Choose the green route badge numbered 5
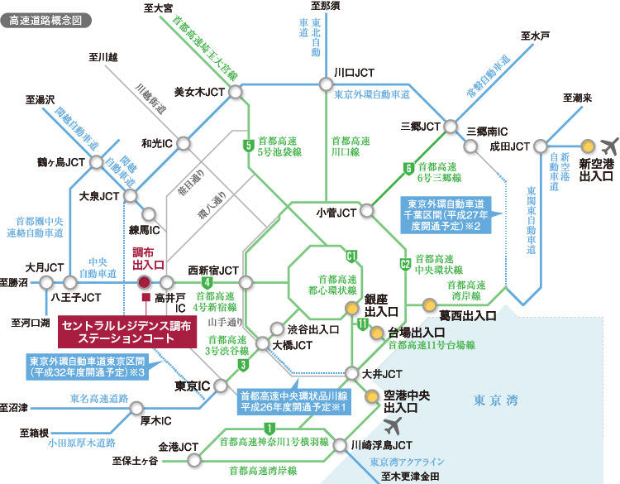point(247,147)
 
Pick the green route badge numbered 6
point(408,169)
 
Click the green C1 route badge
point(351,255)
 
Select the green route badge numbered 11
point(363,325)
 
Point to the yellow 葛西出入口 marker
point(428,304)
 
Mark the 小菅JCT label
point(336,213)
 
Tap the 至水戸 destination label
point(535,36)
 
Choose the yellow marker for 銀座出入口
point(352,309)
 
